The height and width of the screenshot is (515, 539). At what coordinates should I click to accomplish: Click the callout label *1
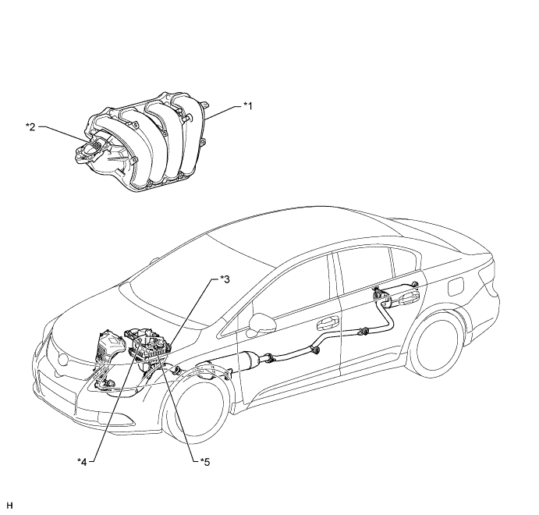pyautogui.click(x=248, y=106)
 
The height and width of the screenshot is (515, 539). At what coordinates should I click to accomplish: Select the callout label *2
pyautogui.click(x=30, y=127)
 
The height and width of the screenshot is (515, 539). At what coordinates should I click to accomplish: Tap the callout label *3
pyautogui.click(x=225, y=279)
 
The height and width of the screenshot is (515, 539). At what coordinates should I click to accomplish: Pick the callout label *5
pyautogui.click(x=204, y=461)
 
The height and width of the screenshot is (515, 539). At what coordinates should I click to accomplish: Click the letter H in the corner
pyautogui.click(x=9, y=505)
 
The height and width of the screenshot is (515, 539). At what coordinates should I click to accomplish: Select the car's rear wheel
pyautogui.click(x=436, y=346)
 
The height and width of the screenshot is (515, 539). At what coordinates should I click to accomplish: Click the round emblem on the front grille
pyautogui.click(x=64, y=359)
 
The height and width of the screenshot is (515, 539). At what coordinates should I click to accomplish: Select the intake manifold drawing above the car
pyautogui.click(x=144, y=142)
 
